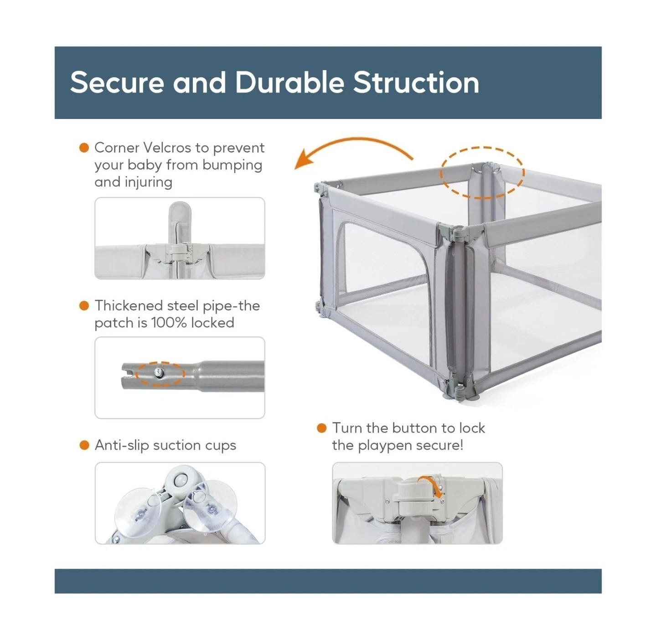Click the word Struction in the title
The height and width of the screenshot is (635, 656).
coord(416,83)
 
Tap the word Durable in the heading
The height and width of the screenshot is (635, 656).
coord(289,83)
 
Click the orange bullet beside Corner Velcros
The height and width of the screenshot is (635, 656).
coord(84,148)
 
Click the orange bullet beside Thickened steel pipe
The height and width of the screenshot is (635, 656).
coord(84,305)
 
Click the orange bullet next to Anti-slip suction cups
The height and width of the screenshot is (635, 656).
coord(84,445)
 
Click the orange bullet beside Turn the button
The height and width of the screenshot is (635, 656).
coord(322,428)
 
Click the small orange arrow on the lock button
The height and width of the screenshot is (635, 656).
coord(431,486)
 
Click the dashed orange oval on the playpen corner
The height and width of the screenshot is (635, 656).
coord(482,173)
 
